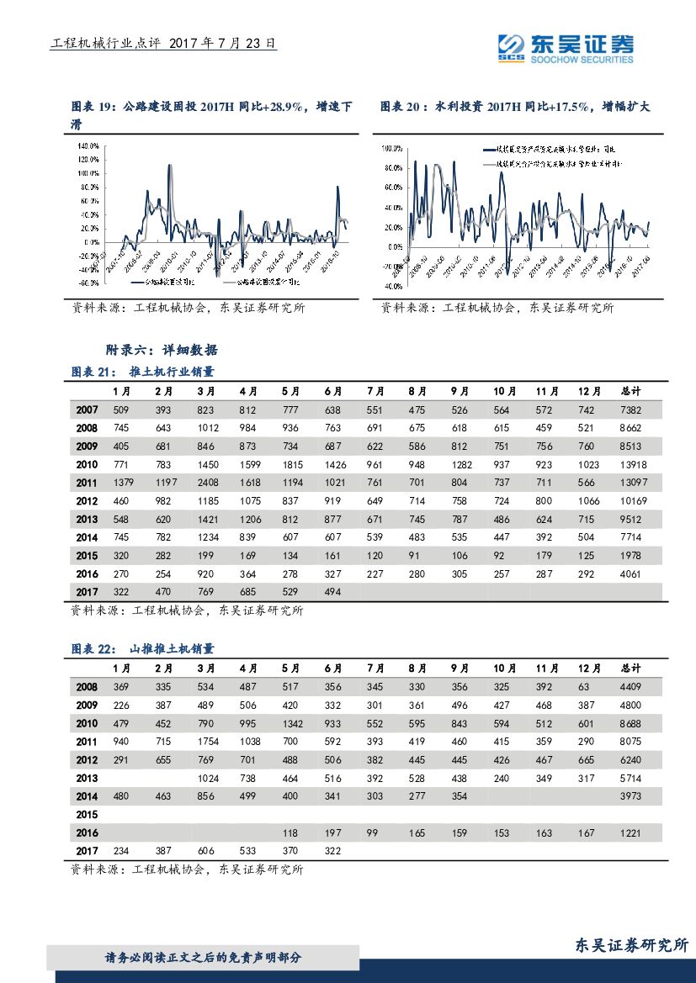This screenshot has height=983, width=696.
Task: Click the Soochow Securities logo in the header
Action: click(565, 48)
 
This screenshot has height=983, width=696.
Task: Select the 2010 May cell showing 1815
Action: click(291, 464)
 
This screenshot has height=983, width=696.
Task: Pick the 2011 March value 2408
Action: click(206, 483)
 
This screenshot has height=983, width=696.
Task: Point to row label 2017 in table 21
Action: click(87, 592)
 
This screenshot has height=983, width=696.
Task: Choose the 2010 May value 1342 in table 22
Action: click(291, 723)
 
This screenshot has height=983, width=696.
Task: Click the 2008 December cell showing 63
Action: click(587, 687)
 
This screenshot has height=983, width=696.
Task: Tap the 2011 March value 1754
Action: click(206, 742)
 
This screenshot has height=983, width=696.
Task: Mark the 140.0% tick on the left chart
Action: click(88, 145)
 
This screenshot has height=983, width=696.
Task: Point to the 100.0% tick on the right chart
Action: click(392, 147)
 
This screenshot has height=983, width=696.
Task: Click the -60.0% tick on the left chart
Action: click(88, 283)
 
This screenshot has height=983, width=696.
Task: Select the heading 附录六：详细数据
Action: click(161, 350)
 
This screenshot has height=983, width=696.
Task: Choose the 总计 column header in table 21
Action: click(630, 392)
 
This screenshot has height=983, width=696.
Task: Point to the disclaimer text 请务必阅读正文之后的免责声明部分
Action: click(203, 958)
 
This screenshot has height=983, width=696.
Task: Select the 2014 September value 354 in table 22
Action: click(460, 796)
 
